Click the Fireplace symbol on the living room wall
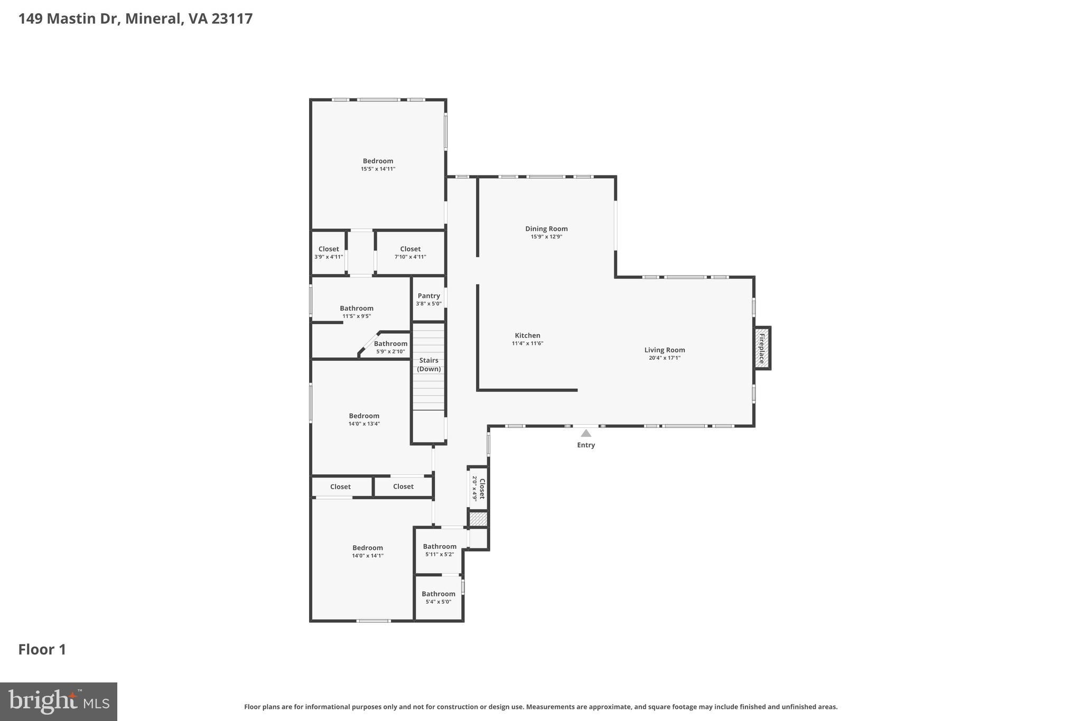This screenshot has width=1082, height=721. [x=762, y=348]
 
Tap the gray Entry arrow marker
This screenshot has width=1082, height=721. [x=586, y=434]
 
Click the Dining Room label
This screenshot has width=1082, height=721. [x=546, y=229]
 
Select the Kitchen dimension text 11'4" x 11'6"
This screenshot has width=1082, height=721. [x=527, y=343]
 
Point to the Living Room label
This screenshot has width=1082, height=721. [x=665, y=350]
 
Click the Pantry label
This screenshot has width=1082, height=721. [x=428, y=296]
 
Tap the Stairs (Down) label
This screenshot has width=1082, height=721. [x=428, y=364]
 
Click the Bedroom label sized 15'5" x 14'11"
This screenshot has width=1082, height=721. [x=378, y=161]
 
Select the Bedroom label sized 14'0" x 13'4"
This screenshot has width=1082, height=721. [x=364, y=416]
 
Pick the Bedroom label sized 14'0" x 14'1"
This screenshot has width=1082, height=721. [x=368, y=548]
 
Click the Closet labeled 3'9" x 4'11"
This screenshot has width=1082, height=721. [x=329, y=249]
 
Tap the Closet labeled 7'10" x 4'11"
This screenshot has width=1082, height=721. [x=410, y=249]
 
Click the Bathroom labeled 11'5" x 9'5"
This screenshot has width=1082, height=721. [x=357, y=308]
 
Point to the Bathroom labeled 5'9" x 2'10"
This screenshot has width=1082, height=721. [x=390, y=344]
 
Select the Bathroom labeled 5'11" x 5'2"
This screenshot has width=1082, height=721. [x=440, y=547]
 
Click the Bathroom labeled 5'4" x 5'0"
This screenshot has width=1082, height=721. [x=439, y=594]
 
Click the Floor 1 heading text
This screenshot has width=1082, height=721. [x=42, y=649]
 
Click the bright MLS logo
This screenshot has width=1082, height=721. [x=59, y=701]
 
